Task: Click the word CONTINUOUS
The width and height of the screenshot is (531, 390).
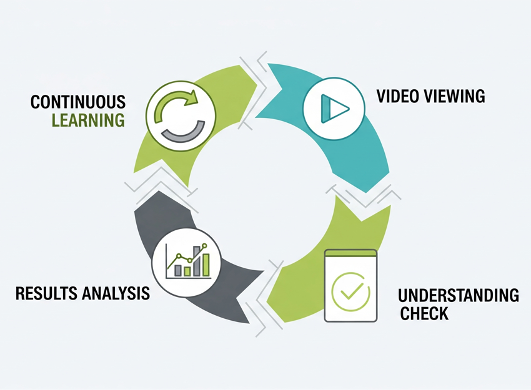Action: pos(77,102)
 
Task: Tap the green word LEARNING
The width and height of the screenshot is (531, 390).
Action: pos(87,120)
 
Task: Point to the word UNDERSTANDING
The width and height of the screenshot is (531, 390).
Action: pos(459,295)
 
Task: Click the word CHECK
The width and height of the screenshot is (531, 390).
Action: pos(424,313)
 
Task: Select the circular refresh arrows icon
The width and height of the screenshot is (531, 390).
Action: pos(180,115)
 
